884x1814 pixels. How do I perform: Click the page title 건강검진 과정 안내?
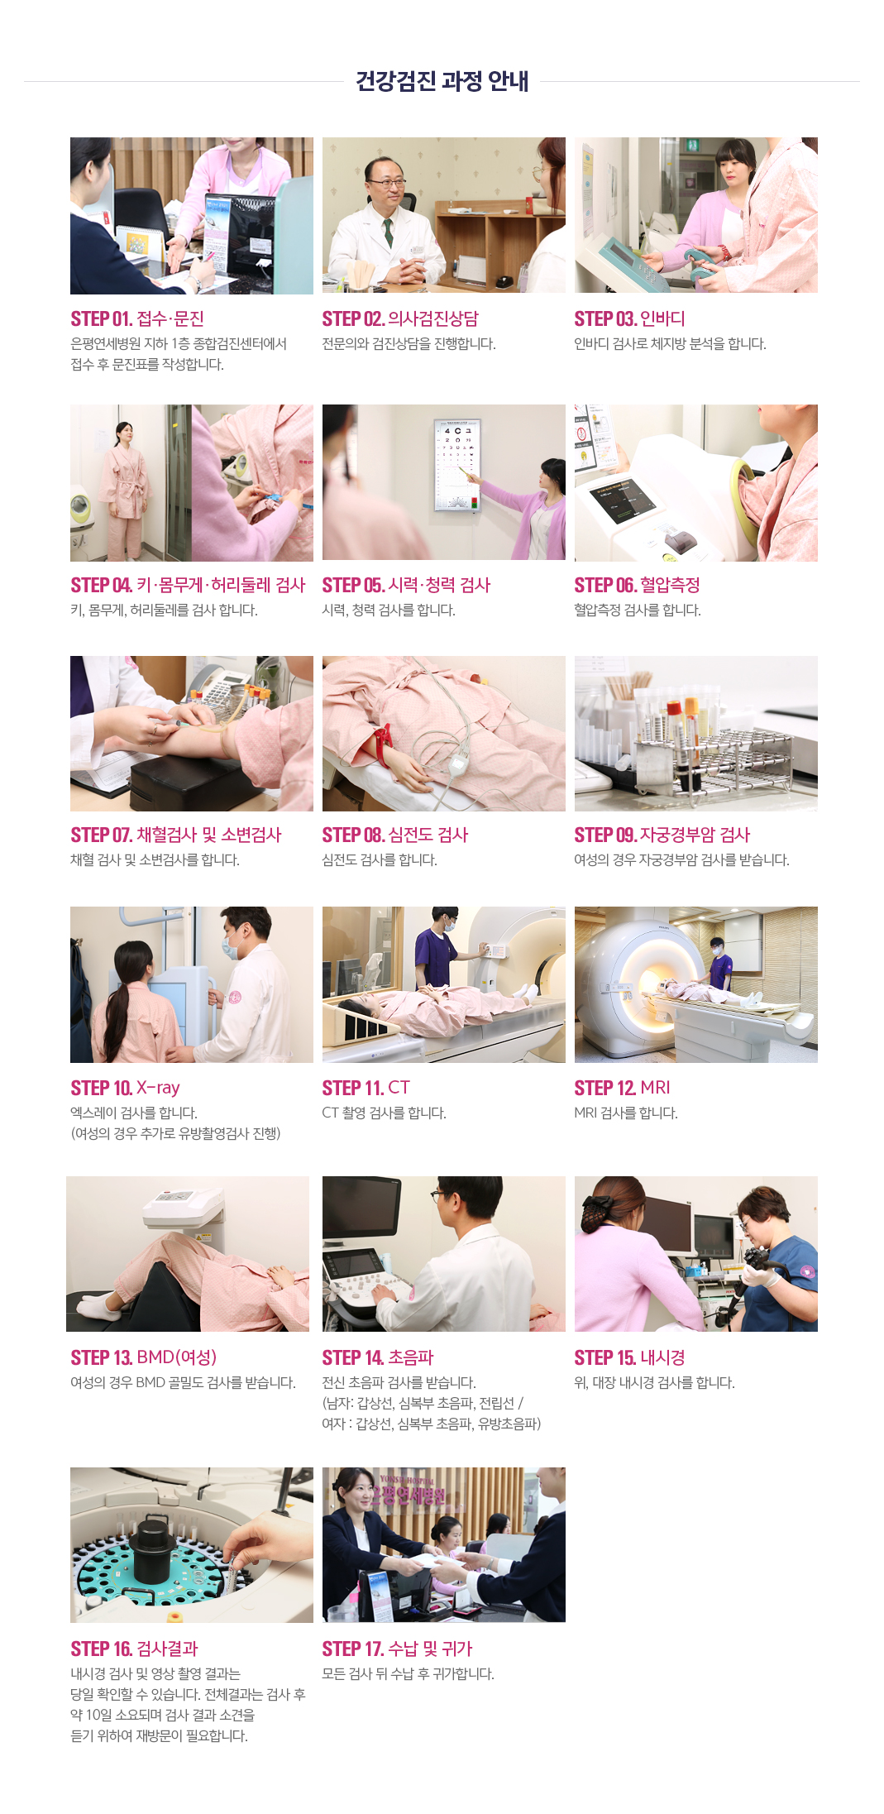tap(442, 81)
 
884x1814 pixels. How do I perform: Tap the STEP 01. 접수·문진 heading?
tap(137, 318)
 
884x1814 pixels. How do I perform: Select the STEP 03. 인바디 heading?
tap(629, 318)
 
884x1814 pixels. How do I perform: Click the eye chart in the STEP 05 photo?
tap(457, 465)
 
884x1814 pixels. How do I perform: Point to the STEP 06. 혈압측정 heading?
tap(637, 585)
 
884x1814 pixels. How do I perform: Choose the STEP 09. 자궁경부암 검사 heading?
tap(662, 835)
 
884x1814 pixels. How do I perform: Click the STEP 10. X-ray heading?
tap(125, 1088)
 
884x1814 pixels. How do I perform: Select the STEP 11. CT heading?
tap(366, 1088)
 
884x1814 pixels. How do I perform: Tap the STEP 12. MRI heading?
tap(622, 1088)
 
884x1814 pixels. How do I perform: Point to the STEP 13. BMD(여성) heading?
tap(143, 1357)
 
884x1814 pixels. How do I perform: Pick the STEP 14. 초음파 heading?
tap(377, 1357)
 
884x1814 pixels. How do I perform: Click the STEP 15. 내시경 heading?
tap(629, 1357)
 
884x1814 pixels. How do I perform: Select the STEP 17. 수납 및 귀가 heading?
tap(397, 1649)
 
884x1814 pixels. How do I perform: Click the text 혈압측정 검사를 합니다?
tap(637, 610)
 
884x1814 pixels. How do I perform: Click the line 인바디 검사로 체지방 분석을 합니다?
tap(670, 344)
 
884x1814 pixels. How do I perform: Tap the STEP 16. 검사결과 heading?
tap(134, 1649)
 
